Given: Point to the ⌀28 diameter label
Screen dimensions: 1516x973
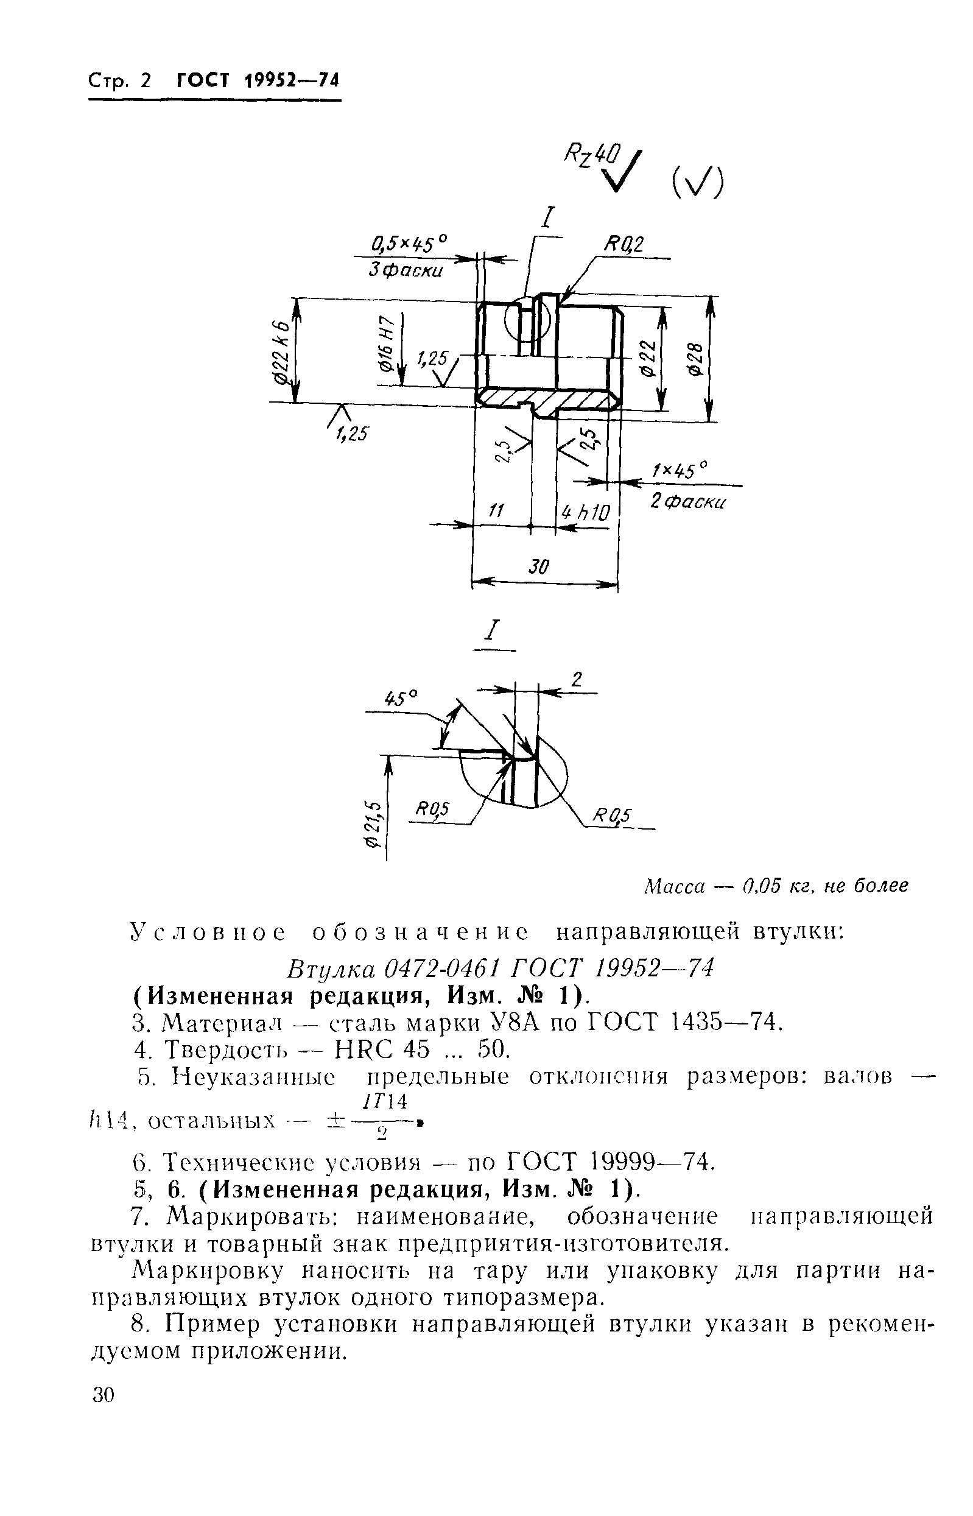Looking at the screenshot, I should [695, 359].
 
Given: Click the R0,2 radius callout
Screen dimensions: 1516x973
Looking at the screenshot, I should [624, 245].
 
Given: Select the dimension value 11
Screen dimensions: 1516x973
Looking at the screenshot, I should [497, 510].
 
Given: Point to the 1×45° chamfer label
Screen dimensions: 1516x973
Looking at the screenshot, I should [679, 471].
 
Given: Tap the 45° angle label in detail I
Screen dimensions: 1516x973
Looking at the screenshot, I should [402, 698].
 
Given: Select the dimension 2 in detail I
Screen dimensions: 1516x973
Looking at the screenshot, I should [575, 679].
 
